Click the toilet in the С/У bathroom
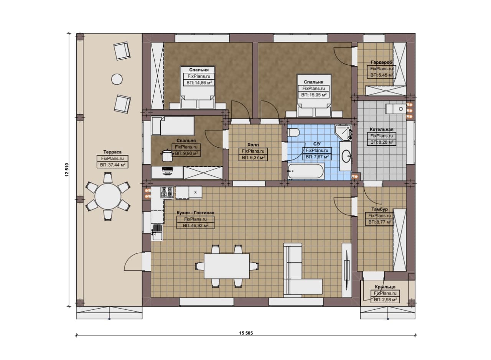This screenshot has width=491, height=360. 293,133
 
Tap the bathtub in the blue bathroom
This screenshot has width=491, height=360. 306,171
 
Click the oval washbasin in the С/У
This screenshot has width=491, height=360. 346,156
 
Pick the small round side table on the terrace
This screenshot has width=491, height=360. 117,79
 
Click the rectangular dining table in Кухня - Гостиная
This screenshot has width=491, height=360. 227,266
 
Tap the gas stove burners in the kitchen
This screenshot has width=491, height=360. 167,192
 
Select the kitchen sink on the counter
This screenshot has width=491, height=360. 157,232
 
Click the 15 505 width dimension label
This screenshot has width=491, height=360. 246,333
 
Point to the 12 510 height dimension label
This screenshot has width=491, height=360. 67,170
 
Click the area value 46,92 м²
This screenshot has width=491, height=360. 196,225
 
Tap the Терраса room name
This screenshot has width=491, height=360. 112,152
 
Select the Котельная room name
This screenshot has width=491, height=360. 381,130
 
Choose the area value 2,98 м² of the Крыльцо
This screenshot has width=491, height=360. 386,299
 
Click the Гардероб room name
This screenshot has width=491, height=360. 382,62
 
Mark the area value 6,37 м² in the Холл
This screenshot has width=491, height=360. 254,157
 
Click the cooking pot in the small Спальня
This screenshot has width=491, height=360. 167,155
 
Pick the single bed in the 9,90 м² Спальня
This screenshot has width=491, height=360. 173,126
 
